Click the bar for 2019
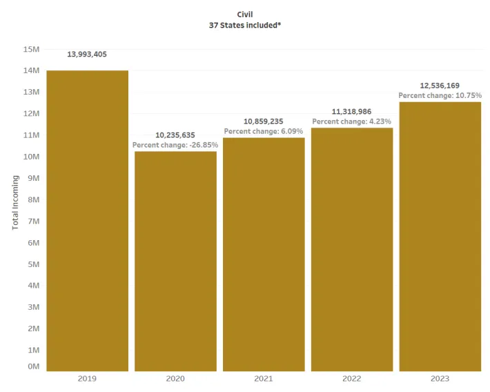pyautogui.click(x=87, y=221)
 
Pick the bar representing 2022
pyautogui.click(x=352, y=249)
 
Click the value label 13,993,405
pyautogui.click(x=87, y=55)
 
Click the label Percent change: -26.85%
pyautogui.click(x=175, y=145)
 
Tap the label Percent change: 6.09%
pyautogui.click(x=264, y=131)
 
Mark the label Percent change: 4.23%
pyautogui.click(x=352, y=121)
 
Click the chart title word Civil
pyautogui.click(x=245, y=14)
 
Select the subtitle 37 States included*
pyautogui.click(x=245, y=25)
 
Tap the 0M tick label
pyautogui.click(x=32, y=366)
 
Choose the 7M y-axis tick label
pyautogui.click(x=32, y=221)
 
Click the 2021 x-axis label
pyautogui.click(x=264, y=379)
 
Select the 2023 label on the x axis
pyautogui.click(x=440, y=379)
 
